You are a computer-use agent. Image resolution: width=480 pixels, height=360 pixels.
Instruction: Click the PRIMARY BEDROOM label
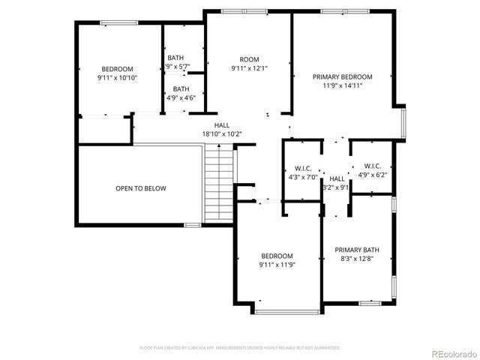[x=343, y=76]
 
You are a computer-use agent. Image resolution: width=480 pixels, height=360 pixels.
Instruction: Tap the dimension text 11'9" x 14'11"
[x=343, y=85]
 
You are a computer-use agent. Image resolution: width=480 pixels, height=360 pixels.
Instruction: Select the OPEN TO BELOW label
[x=141, y=188]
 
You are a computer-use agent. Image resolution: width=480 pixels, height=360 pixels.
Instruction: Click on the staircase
[x=219, y=185]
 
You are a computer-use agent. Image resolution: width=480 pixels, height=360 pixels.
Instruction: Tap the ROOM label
[x=249, y=59]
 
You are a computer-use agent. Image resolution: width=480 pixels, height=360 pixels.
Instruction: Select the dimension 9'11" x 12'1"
[x=249, y=68]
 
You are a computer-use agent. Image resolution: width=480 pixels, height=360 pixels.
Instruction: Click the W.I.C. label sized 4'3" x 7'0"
[x=303, y=168]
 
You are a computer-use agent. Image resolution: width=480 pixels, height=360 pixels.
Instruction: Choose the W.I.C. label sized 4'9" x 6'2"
[x=373, y=166]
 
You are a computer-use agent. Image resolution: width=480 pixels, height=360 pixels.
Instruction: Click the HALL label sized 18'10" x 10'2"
[x=222, y=125]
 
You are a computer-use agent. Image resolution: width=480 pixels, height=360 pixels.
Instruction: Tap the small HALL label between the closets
[x=337, y=178]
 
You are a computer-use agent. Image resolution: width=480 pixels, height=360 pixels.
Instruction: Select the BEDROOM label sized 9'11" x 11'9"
[x=277, y=256]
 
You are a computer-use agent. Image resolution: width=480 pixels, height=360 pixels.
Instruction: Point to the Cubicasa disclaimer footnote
[x=240, y=348]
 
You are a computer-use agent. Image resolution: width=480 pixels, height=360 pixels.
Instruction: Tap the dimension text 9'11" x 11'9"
[x=277, y=265]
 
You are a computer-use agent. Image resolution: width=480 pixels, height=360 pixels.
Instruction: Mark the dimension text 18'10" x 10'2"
[x=222, y=134]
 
